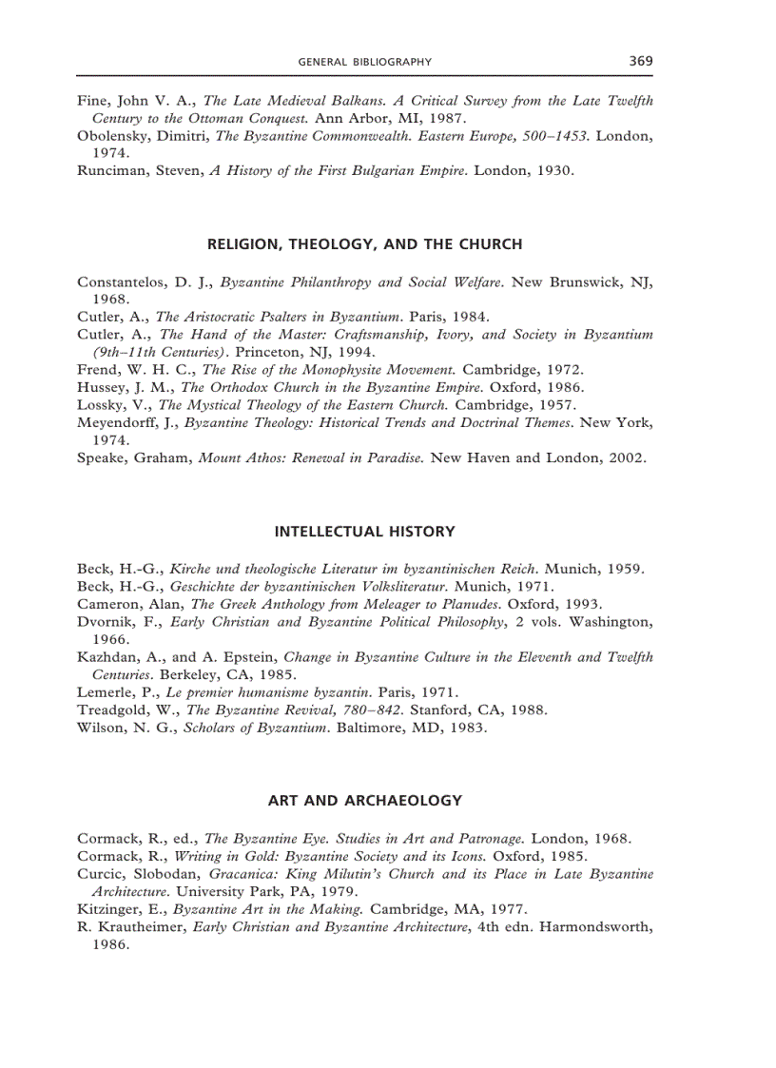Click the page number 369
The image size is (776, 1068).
[x=640, y=61]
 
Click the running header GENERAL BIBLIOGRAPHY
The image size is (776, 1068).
[x=364, y=62]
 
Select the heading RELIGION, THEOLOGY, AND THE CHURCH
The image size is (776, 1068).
[x=364, y=244]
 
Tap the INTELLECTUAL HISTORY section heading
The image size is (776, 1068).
[x=364, y=532]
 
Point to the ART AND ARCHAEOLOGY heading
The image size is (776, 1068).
[x=364, y=801]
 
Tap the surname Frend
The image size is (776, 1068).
[x=96, y=369]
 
